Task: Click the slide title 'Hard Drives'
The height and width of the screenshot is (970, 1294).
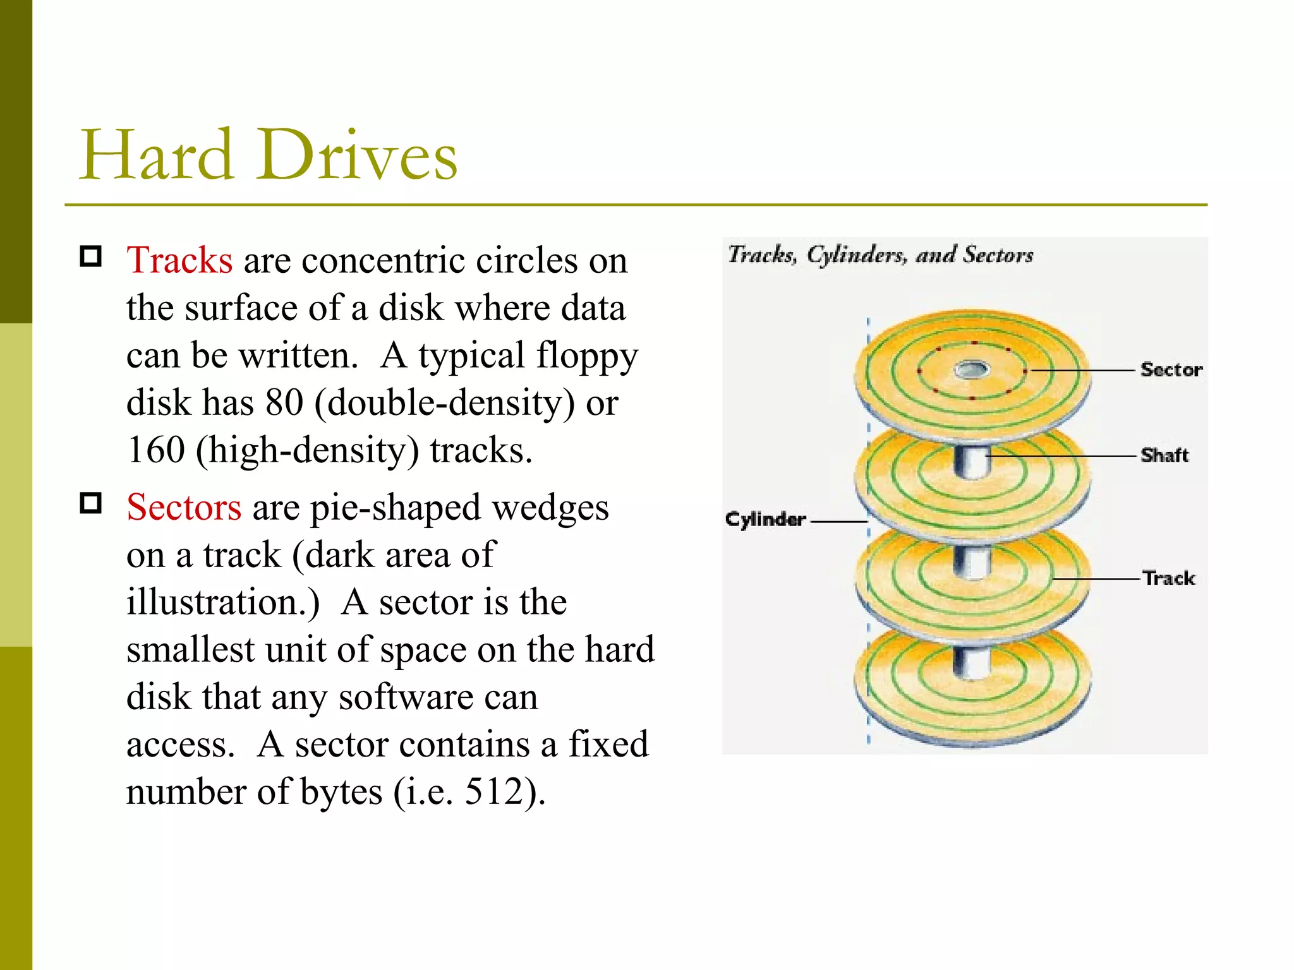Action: tap(268, 155)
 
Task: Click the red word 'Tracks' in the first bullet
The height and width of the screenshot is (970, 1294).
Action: tap(179, 260)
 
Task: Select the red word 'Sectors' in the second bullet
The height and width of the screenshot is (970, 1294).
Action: tap(183, 507)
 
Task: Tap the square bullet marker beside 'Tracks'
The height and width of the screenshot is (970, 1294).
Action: tap(91, 256)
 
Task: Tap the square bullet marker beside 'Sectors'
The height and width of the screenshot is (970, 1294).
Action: tap(91, 503)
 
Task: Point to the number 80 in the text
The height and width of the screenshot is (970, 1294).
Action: tap(284, 402)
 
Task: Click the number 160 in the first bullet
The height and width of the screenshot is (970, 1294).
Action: tap(155, 450)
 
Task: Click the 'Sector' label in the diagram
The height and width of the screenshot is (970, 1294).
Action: tap(1171, 370)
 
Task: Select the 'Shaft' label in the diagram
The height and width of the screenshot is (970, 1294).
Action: tap(1164, 455)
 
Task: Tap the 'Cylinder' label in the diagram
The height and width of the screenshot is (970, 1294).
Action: tap(765, 520)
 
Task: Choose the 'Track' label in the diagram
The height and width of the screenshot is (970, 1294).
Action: tap(1169, 578)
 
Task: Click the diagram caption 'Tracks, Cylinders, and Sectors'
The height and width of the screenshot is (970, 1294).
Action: tap(880, 255)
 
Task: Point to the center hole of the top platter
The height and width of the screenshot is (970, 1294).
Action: tap(971, 369)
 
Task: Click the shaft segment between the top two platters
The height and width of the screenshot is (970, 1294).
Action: tap(970, 463)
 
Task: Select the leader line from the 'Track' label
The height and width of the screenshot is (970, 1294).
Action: tap(1097, 578)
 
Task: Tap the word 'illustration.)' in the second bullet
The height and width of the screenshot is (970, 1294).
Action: tap(223, 602)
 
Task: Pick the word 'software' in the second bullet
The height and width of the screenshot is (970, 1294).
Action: tap(406, 697)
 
